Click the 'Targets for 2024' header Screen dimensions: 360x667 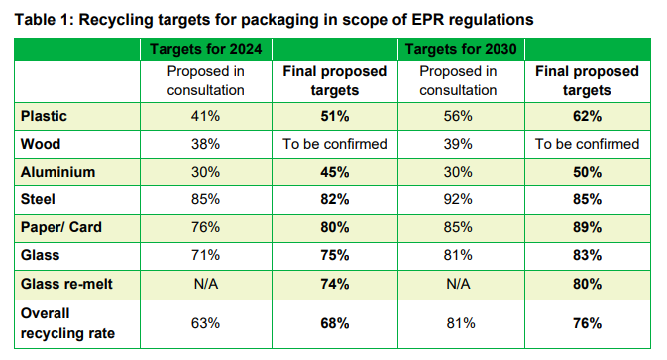pyautogui.click(x=207, y=50)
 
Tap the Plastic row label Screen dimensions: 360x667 pyautogui.click(x=45, y=116)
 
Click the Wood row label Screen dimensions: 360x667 pyautogui.click(x=41, y=144)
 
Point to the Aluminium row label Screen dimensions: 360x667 pyautogui.click(x=57, y=172)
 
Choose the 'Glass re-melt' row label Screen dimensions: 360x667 pyautogui.click(x=68, y=283)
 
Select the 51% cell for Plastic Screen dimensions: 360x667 pyautogui.click(x=334, y=116)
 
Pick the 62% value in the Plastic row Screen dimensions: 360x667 pyautogui.click(x=587, y=116)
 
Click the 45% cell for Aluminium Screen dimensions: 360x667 pyautogui.click(x=334, y=172)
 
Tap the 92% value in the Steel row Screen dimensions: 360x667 pyautogui.click(x=459, y=199)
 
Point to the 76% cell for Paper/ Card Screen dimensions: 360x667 pyautogui.click(x=207, y=227)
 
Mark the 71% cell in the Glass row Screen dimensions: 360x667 pyautogui.click(x=207, y=255)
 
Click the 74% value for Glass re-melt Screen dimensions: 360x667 pyautogui.click(x=334, y=283)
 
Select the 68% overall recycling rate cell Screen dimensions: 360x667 pyautogui.click(x=334, y=322)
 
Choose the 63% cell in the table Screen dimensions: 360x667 pyautogui.click(x=207, y=322)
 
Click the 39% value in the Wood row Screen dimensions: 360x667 pyautogui.click(x=459, y=144)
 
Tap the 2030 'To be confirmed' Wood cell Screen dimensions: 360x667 pyautogui.click(x=587, y=144)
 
